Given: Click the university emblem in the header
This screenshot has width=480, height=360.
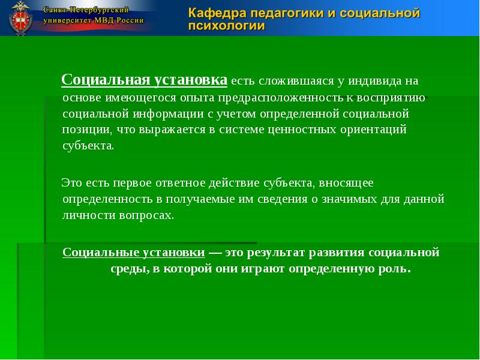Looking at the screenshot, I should click(x=22, y=19).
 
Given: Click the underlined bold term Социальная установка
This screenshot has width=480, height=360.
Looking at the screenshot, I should click(x=145, y=80).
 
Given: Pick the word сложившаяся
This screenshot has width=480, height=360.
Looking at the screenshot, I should click(x=288, y=81).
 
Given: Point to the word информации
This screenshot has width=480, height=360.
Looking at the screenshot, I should click(x=163, y=113).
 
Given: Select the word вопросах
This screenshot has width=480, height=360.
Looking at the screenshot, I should click(x=149, y=215).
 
